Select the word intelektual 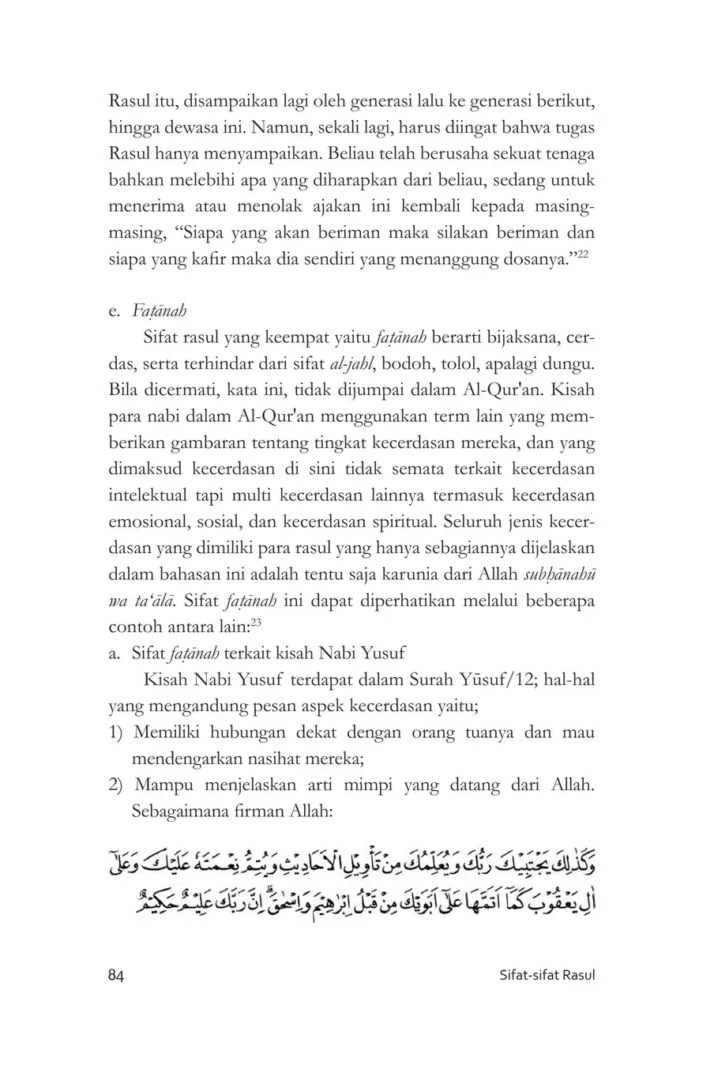pyautogui.click(x=148, y=495)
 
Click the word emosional pyautogui.click(x=148, y=521)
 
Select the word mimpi pyautogui.click(x=369, y=785)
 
